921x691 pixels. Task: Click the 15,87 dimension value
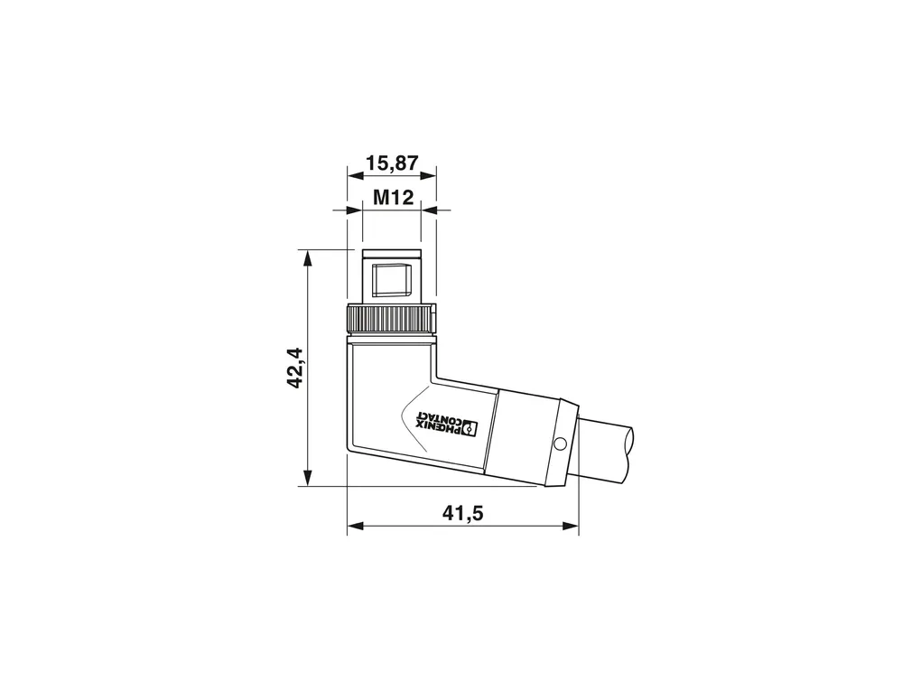coord(392,163)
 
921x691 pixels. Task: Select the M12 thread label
coord(394,198)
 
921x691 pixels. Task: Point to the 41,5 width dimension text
coord(462,513)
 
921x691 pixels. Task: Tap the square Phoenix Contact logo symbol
coord(469,428)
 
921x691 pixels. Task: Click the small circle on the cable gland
coord(560,443)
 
